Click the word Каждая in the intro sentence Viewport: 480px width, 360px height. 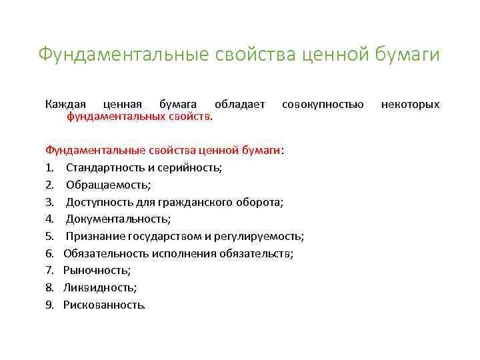click(65, 104)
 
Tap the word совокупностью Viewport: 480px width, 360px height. click(323, 104)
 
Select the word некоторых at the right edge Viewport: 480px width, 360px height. click(410, 104)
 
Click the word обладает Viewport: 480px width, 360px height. click(239, 104)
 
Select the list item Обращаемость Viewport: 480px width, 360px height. click(108, 184)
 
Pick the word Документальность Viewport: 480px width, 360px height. click(118, 219)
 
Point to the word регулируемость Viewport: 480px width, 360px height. click(260, 236)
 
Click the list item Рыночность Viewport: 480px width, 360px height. click(97, 271)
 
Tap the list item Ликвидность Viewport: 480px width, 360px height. click(100, 288)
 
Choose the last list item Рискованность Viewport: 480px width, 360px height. click(104, 305)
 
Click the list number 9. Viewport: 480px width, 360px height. click(49, 305)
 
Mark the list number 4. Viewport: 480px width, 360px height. click(49, 219)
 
